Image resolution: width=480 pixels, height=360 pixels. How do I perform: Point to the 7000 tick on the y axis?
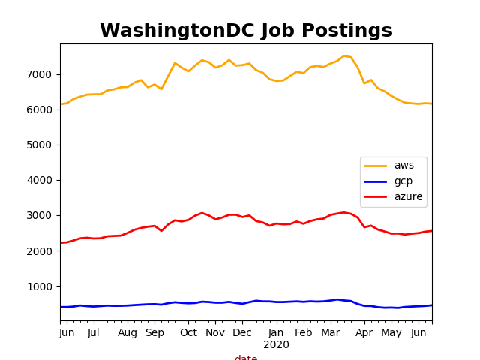[40, 74]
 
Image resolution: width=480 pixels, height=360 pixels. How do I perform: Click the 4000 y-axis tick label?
[40, 180]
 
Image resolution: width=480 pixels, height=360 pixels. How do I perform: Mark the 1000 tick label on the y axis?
[40, 286]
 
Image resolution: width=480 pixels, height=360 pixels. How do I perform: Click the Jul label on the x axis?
[94, 333]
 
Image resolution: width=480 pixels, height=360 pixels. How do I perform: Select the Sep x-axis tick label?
[154, 333]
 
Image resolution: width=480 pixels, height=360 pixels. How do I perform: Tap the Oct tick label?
[188, 333]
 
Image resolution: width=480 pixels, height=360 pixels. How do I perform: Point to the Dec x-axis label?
[242, 333]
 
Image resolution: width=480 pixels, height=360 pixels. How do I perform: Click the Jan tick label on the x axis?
[276, 333]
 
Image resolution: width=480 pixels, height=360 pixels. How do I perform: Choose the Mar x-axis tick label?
[330, 333]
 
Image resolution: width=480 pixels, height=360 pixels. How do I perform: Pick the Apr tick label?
[364, 333]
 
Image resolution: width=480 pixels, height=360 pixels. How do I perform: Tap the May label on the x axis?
[391, 333]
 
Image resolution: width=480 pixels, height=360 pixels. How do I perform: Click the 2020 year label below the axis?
[276, 345]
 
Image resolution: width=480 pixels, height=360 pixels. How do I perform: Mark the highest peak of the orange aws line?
[344, 55]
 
